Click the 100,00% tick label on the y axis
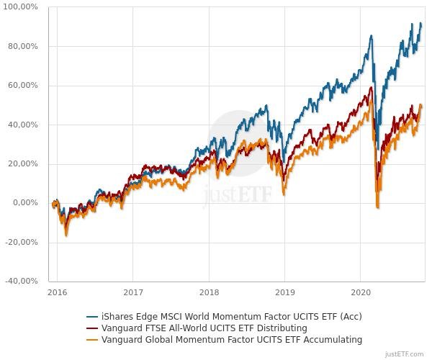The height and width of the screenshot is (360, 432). [22, 7]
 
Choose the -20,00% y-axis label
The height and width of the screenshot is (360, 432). [22, 242]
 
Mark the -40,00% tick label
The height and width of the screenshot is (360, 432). [22, 281]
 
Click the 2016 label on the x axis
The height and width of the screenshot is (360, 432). [57, 292]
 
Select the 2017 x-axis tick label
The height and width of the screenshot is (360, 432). [132, 292]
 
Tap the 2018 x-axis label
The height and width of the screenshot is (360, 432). [209, 292]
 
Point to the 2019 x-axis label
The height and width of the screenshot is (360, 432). [284, 292]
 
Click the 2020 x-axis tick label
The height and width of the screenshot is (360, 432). [360, 292]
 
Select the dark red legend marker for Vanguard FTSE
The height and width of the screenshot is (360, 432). [91, 328]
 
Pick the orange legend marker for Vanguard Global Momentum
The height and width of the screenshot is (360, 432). [91, 339]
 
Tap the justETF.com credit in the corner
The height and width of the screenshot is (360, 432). [405, 354]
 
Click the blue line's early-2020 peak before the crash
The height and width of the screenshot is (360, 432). [372, 35]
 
